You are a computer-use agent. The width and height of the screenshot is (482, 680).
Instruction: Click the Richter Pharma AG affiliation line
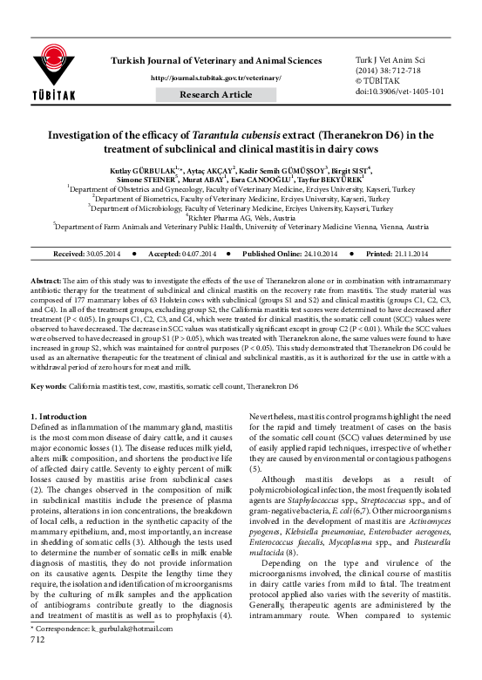click(241, 217)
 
